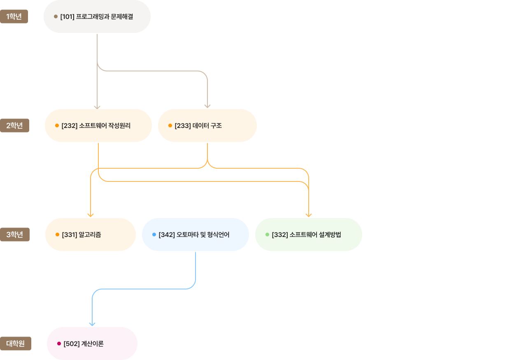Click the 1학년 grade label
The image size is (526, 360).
pos(14,16)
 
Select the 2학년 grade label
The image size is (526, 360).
pos(14,125)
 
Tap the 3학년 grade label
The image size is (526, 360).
pos(15,235)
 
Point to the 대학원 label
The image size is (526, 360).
pos(16,344)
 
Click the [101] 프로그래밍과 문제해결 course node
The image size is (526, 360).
pos(97,16)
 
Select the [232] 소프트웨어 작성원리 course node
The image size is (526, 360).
pos(98,125)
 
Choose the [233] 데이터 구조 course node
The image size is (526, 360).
pos(207,125)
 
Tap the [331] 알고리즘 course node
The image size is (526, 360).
pos(91,235)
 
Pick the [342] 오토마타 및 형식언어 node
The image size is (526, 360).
pos(196,235)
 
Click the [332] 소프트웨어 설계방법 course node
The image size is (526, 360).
pos(309,235)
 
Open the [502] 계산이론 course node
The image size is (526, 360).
pos(92,344)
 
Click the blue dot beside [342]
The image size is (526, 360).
pos(154,235)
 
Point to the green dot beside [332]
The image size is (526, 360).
pos(267,235)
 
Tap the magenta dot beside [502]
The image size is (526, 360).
pos(59,344)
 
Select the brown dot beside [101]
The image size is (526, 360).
pos(56,16)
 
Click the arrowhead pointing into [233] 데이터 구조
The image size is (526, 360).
pos(207,106)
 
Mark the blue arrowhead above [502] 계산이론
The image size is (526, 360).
pos(92,324)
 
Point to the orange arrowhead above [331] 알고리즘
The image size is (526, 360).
pos(91,215)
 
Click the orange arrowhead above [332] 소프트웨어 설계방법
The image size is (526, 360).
pos(309,215)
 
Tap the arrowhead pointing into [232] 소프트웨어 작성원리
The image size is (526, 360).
pos(97,107)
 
